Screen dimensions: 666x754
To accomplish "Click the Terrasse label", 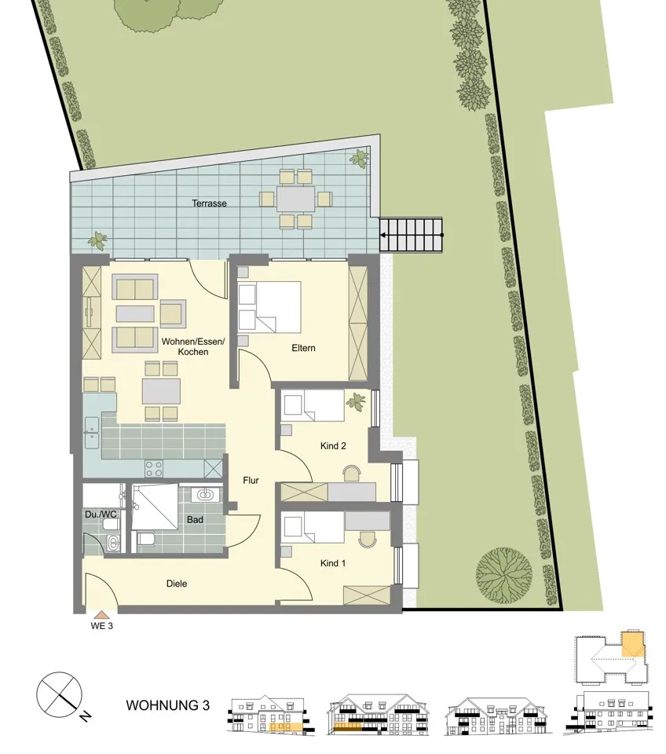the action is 209,203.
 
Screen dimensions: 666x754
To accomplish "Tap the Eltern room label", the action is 303,348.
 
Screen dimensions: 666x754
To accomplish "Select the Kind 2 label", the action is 333,446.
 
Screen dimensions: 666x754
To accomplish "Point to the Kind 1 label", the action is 333,563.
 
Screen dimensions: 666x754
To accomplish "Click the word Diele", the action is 177,584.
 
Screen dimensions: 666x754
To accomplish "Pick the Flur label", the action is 251,481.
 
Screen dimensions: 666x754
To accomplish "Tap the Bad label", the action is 196,520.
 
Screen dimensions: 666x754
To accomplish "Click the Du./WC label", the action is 101,514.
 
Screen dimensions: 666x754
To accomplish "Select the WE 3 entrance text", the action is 102,626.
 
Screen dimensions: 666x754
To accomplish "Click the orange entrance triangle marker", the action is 101,615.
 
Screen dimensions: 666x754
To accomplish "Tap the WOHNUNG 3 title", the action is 168,705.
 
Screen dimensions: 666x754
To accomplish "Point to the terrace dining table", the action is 295,199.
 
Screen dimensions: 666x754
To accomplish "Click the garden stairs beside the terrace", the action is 411,235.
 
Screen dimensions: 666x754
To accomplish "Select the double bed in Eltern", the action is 269,307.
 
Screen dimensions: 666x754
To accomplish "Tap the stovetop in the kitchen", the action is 154,468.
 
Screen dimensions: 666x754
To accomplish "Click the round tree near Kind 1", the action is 504,575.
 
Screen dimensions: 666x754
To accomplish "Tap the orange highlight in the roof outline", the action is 632,644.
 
